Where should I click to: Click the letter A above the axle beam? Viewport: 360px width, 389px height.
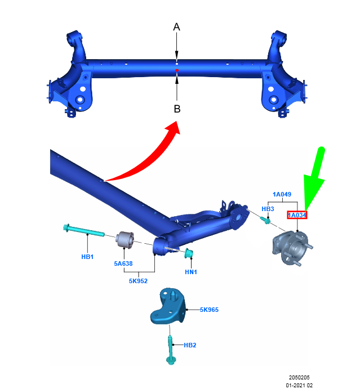pyautogui.click(x=176, y=27)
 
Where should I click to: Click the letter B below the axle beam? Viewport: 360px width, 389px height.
pyautogui.click(x=177, y=109)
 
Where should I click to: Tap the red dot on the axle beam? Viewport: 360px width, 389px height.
pyautogui.click(x=177, y=70)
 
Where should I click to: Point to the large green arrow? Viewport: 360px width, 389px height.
pyautogui.click(x=315, y=178)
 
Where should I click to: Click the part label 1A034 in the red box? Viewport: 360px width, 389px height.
pyautogui.click(x=297, y=215)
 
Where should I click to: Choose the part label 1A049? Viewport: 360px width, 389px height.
pyautogui.click(x=282, y=194)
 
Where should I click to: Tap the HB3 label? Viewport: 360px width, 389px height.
pyautogui.click(x=268, y=209)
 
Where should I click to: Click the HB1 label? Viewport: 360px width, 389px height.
pyautogui.click(x=87, y=257)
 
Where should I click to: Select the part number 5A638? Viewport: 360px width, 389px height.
pyautogui.click(x=123, y=263)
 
